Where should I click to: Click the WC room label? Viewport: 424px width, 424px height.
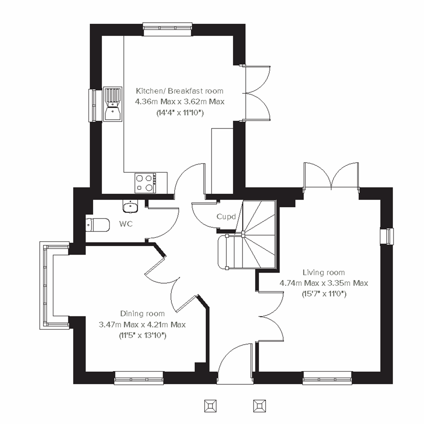click(126, 224)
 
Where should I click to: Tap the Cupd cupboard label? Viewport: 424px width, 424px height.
click(226, 217)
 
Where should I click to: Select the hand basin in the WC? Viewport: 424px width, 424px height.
click(131, 206)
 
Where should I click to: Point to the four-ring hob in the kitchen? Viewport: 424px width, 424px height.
click(146, 183)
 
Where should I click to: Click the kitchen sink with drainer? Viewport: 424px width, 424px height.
click(113, 104)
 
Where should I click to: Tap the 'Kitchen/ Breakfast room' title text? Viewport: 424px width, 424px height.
click(180, 91)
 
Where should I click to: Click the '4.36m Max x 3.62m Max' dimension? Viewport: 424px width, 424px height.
click(180, 102)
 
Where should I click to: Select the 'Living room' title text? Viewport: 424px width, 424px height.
click(323, 272)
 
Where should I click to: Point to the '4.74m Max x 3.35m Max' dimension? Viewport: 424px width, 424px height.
click(324, 283)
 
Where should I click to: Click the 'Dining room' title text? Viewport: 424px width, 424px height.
click(142, 313)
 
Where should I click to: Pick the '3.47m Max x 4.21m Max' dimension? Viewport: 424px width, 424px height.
click(142, 324)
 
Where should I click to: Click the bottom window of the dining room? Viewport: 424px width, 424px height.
click(139, 378)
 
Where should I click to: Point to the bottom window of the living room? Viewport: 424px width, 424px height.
click(327, 378)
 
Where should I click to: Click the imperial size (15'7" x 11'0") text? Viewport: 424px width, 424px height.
click(324, 294)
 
